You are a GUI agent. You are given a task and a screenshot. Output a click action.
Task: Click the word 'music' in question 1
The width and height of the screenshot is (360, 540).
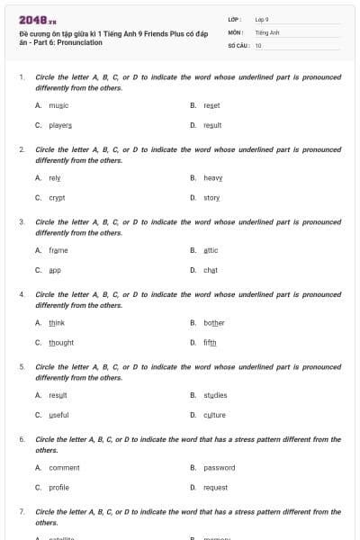pos(58,105)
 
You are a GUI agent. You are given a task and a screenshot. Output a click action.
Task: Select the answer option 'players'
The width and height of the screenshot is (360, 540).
pos(60,125)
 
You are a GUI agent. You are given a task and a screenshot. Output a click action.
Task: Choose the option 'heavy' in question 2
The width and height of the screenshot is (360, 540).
pos(213,178)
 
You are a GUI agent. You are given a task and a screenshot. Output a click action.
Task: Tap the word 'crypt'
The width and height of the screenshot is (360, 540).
pos(57,197)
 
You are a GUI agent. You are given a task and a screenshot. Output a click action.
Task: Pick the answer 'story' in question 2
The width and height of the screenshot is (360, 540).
pos(211,197)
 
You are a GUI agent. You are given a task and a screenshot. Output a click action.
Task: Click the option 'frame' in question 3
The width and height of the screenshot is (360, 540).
pos(58,250)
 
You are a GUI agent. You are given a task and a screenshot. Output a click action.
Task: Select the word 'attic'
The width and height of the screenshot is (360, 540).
pos(211,250)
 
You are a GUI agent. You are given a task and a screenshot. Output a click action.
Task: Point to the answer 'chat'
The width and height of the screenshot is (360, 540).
pos(211,270)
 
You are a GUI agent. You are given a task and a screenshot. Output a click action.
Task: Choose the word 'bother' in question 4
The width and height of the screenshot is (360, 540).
pos(214,323)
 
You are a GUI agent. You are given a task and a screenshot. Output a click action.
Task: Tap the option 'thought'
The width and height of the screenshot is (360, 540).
pos(61,343)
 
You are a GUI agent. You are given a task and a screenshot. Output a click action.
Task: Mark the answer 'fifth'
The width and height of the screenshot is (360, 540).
pos(210,343)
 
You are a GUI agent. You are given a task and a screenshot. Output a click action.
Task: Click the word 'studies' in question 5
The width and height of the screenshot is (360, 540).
pos(215,395)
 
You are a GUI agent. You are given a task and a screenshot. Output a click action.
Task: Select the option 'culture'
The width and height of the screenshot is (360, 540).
pos(214,415)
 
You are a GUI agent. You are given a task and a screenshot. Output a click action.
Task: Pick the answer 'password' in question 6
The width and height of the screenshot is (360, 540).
pos(219,468)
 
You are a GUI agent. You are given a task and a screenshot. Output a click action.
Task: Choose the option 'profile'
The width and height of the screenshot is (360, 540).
pos(58,487)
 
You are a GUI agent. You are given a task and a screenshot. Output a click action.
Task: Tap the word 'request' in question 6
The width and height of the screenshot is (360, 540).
pos(215,487)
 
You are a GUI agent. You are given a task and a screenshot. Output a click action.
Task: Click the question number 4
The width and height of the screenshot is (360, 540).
pos(22,294)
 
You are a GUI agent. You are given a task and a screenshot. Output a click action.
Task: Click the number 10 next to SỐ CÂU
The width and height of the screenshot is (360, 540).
pos(258,45)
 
